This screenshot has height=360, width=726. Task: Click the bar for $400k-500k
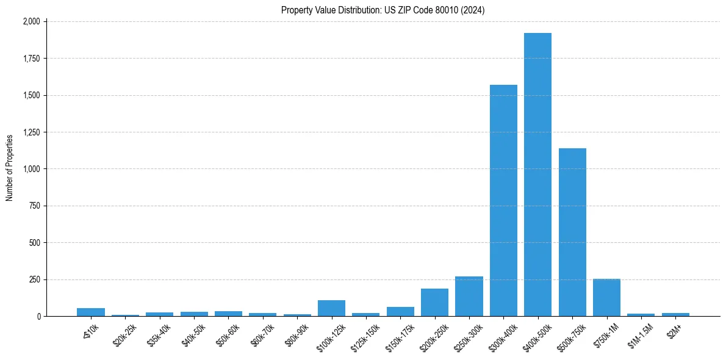click(x=537, y=177)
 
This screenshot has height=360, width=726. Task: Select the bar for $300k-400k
click(x=503, y=201)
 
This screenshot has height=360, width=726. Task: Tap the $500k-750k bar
click(x=572, y=232)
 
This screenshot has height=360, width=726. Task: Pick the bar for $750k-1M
click(x=606, y=298)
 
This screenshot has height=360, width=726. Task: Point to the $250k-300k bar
click(x=469, y=297)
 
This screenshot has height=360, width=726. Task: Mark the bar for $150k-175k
click(x=400, y=311)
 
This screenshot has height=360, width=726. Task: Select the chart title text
click(x=383, y=10)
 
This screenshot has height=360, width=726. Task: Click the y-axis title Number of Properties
click(x=10, y=168)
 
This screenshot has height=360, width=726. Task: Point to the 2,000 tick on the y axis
click(x=31, y=21)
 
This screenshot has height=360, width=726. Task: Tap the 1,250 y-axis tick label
click(x=31, y=132)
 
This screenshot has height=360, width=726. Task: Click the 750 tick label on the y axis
click(x=35, y=206)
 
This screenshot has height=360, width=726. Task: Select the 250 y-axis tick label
click(x=35, y=279)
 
